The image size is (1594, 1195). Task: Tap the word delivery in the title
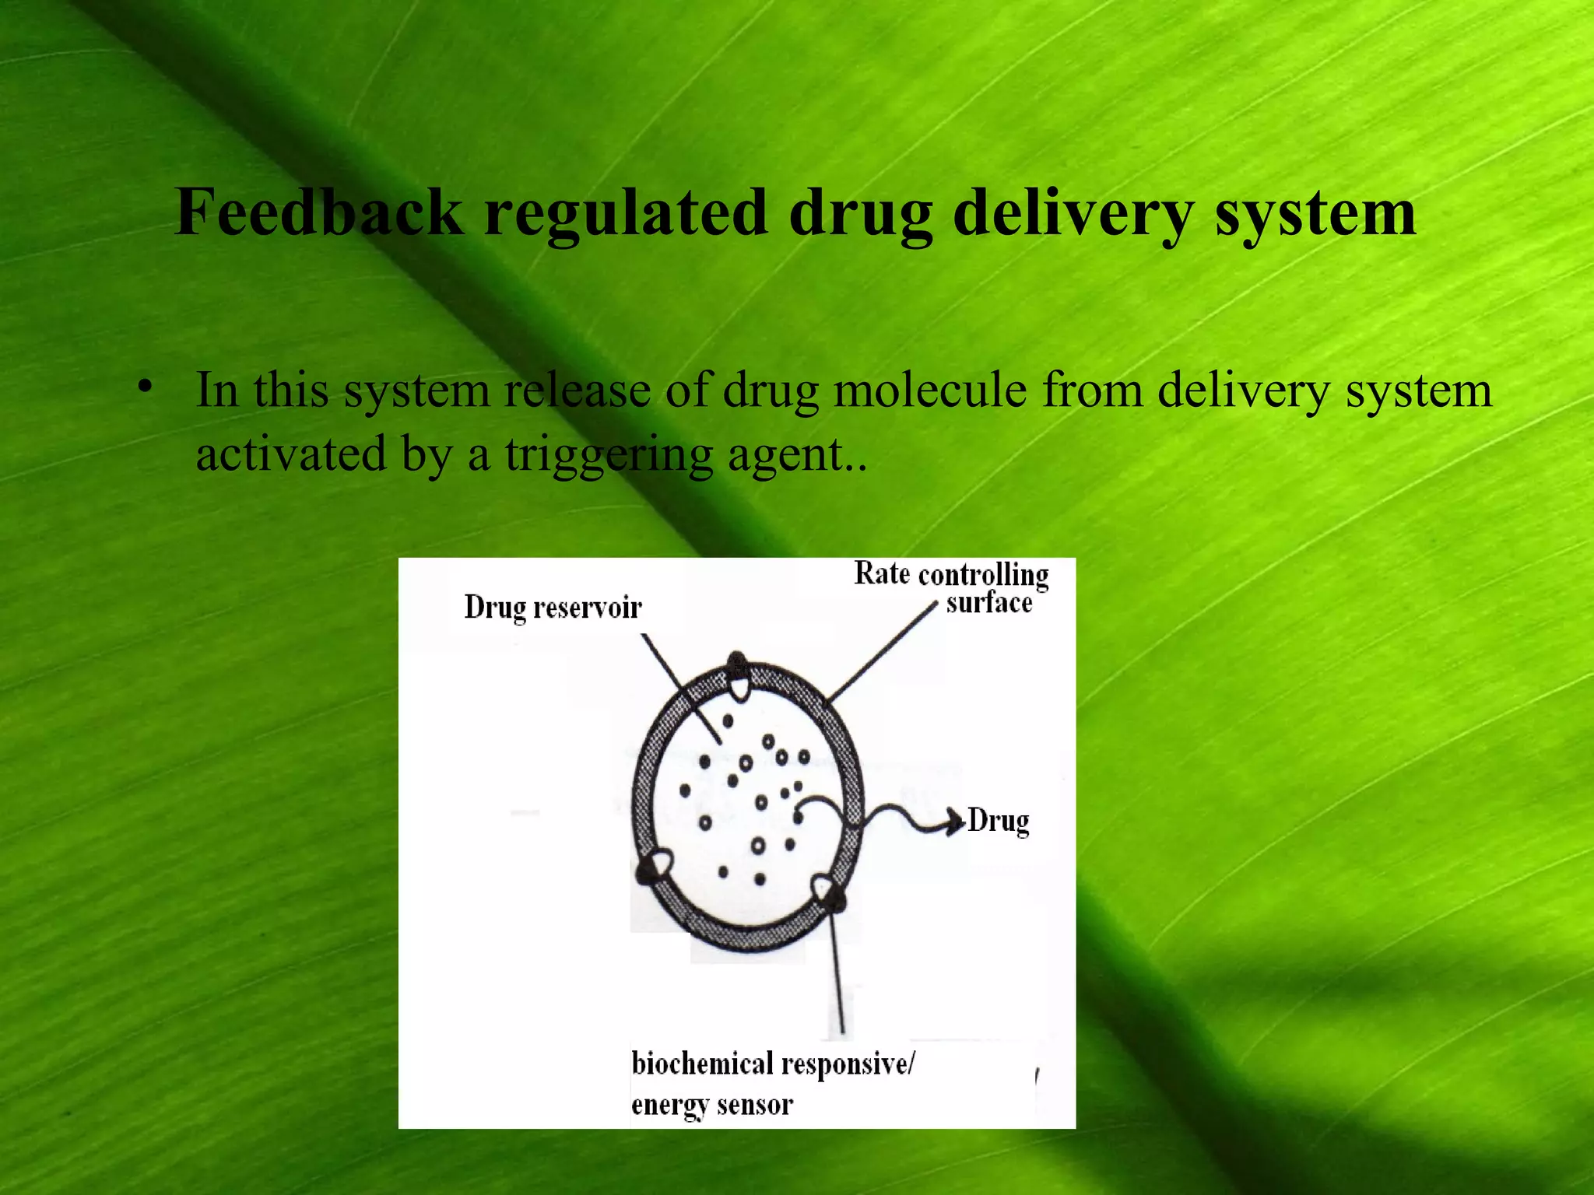pos(1073,214)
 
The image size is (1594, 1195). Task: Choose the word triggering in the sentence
pos(609,455)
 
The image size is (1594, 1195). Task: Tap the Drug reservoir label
pos(553,608)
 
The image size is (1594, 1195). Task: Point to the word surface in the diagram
pos(989,603)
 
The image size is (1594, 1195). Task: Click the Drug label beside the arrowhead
pos(999,822)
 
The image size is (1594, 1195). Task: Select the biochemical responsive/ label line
pos(773,1064)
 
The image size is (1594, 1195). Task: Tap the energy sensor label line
pos(711,1106)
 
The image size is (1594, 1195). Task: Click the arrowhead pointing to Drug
pos(954,822)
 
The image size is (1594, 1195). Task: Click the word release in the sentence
pos(577,390)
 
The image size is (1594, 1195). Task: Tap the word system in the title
pos(1315,214)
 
